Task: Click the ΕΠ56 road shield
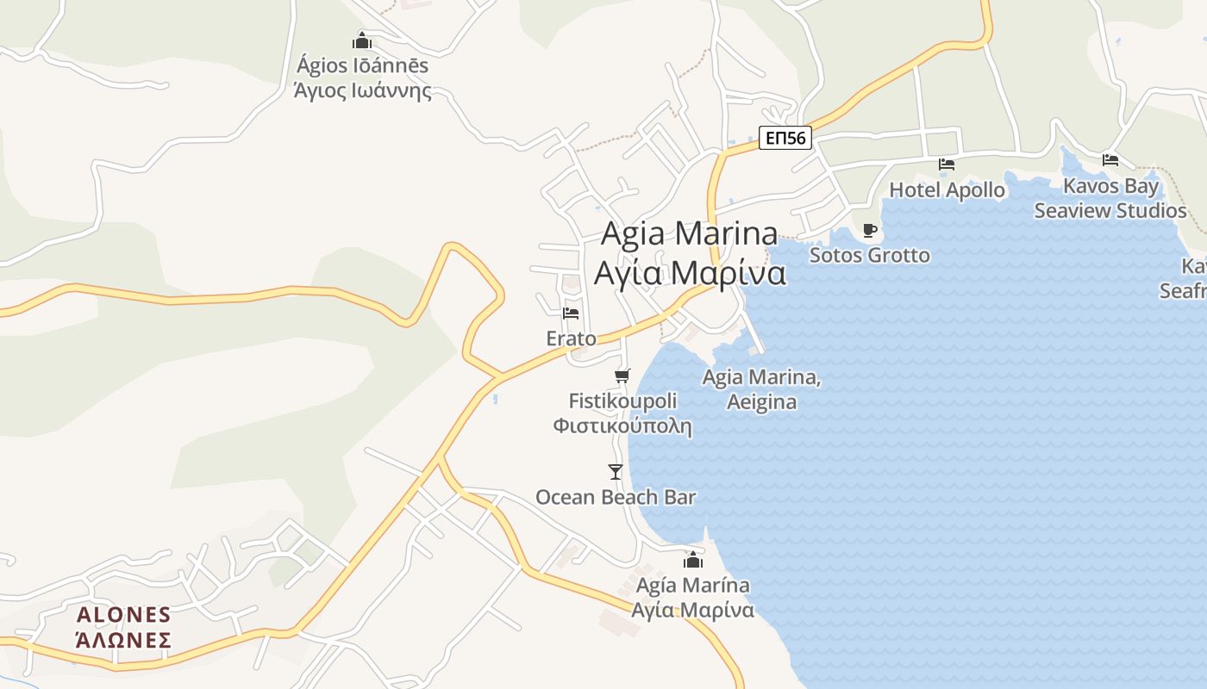785,138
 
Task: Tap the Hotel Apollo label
947,189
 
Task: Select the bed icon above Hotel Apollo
947,164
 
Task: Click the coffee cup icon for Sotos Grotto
869,230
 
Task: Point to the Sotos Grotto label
869,255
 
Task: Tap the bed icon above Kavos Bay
1110,159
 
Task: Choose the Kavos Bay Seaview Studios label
1110,199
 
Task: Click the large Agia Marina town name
690,253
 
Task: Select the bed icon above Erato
571,313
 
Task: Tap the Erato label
571,338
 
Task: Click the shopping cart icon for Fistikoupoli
622,376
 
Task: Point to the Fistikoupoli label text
622,400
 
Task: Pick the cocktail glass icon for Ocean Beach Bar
616,471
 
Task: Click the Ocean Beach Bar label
616,497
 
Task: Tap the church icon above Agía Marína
693,561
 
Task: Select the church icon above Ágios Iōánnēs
362,40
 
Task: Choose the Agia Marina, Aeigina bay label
761,389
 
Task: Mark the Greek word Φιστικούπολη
622,425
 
